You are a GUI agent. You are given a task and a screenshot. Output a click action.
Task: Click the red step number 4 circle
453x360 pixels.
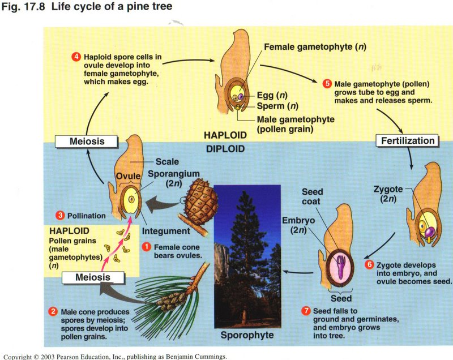76,57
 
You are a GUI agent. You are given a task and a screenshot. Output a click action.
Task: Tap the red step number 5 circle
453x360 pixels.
327,84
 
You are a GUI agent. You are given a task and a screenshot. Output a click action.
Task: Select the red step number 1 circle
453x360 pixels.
146,247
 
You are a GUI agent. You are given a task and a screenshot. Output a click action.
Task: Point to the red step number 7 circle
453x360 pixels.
306,311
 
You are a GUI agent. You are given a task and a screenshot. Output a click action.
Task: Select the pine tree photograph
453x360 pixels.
248,255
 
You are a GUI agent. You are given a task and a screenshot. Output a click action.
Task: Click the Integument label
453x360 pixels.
166,231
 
